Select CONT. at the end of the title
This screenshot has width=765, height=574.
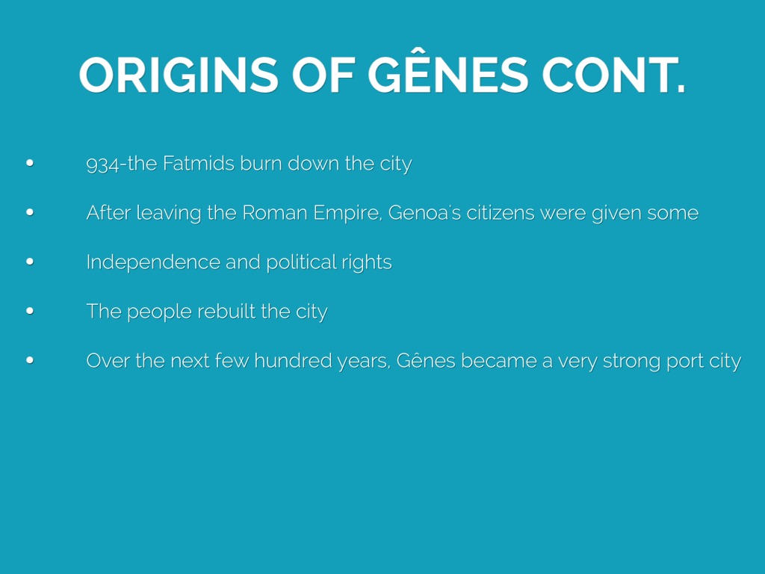coord(614,75)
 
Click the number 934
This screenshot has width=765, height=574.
coord(102,164)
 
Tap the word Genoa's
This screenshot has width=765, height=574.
coord(424,213)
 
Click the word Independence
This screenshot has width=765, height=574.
coord(152,263)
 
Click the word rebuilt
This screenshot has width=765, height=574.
coord(226,312)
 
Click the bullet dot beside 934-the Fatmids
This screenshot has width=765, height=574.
coord(30,163)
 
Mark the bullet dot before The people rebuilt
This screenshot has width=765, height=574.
coord(30,311)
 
